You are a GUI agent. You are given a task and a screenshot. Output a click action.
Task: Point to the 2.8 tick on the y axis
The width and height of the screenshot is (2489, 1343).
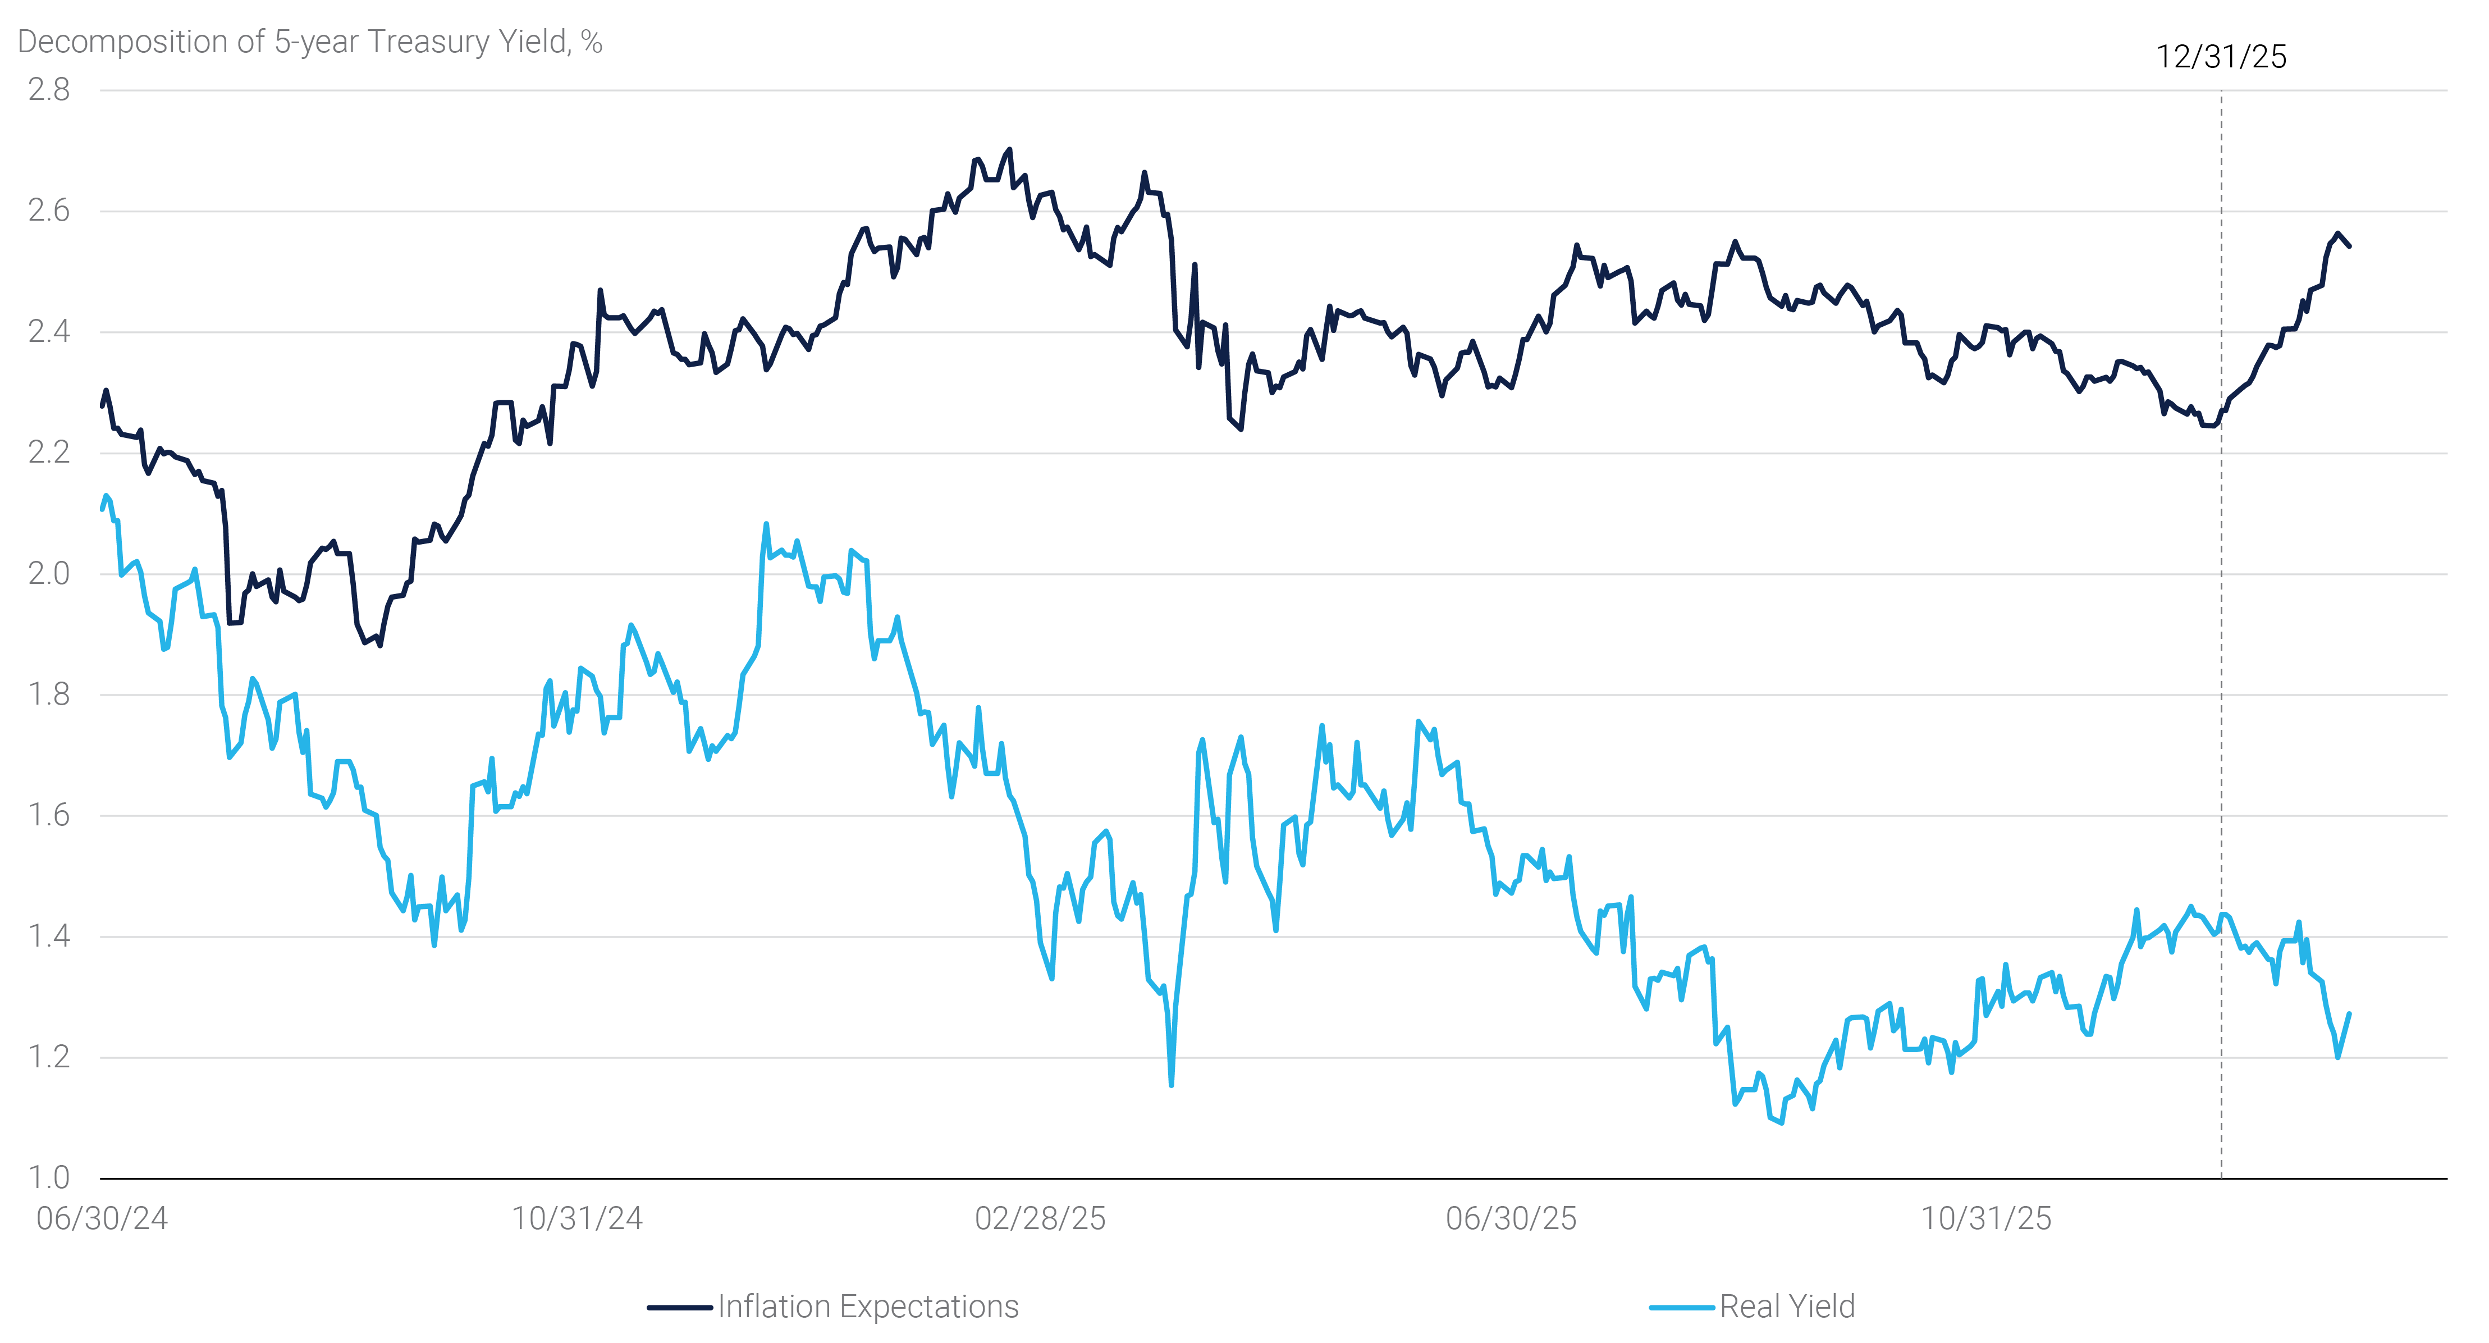tap(48, 90)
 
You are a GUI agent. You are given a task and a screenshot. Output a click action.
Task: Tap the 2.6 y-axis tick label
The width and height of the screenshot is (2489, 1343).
tap(48, 211)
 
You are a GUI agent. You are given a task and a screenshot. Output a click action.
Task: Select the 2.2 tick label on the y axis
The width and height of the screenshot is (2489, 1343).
tap(48, 452)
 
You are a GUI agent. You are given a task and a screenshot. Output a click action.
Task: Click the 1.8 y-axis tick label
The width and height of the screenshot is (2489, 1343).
tap(48, 695)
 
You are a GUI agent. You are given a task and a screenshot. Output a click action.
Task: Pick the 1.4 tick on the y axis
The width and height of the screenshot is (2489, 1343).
tap(48, 937)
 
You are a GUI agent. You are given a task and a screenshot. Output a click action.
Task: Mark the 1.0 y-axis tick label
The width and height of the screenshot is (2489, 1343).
tap(48, 1178)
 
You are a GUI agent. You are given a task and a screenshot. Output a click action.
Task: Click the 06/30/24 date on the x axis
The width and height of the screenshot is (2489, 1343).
tap(102, 1218)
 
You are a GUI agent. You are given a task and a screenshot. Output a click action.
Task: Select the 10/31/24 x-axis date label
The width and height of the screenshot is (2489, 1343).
tap(577, 1218)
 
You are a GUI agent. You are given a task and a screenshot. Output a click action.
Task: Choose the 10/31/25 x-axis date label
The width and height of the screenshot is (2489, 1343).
tap(1985, 1218)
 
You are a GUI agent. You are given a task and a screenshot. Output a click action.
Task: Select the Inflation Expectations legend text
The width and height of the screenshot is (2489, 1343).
tap(868, 1307)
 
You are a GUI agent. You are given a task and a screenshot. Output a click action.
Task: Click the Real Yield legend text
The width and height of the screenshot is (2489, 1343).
tap(1787, 1307)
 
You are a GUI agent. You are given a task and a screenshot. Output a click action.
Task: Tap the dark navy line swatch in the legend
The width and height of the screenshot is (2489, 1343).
tap(679, 1307)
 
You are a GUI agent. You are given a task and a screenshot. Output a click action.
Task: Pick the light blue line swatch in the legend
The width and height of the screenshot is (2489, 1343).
tap(1682, 1307)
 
